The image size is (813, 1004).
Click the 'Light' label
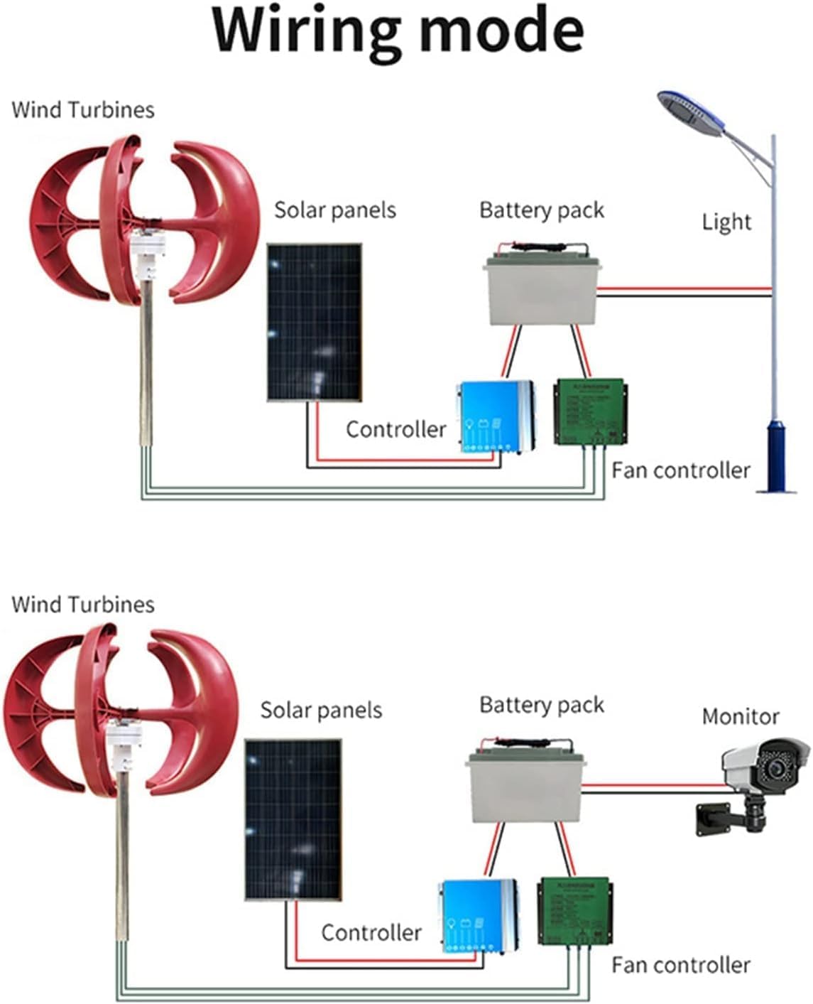point(726,222)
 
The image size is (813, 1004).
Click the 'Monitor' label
point(740,716)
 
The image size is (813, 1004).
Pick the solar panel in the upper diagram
point(314,323)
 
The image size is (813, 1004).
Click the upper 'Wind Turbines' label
point(82,110)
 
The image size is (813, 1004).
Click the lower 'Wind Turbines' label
point(82,605)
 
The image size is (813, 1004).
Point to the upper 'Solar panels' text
point(334,210)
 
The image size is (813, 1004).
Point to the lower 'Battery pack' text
point(541,705)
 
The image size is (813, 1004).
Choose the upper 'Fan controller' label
point(680,470)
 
